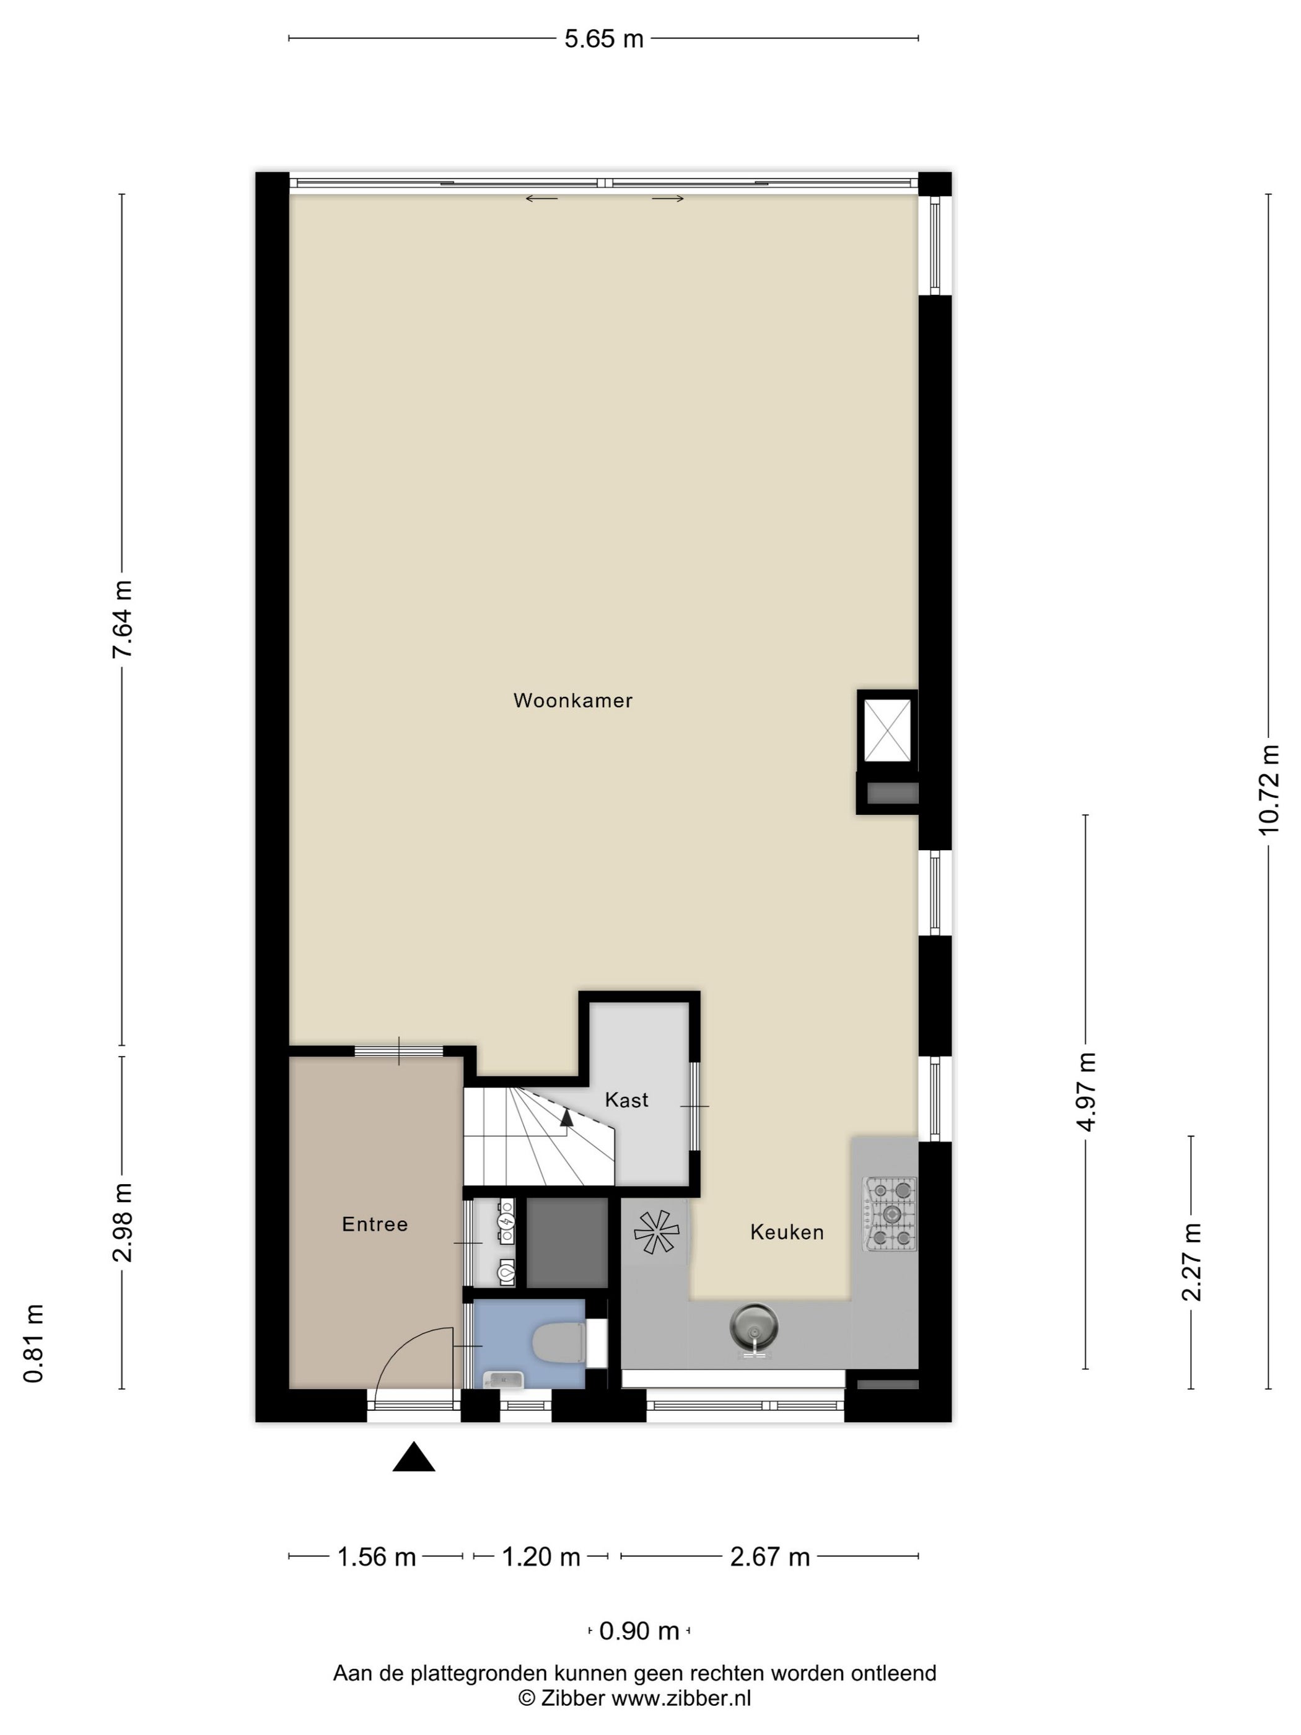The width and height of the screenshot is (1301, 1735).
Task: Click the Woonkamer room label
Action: [572, 700]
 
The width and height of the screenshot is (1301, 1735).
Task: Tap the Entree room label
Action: [375, 1224]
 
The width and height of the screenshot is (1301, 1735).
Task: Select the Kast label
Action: [626, 1100]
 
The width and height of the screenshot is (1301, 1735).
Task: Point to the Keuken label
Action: [787, 1232]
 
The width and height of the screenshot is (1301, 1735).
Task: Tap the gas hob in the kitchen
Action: [890, 1213]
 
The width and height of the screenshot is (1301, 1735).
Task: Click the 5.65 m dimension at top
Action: [604, 38]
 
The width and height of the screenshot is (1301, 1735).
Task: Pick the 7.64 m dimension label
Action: [121, 620]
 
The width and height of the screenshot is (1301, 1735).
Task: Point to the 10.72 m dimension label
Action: [1268, 789]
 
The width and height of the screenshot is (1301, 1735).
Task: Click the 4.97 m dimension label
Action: [1085, 1092]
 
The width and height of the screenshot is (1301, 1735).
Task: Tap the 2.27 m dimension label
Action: [1191, 1262]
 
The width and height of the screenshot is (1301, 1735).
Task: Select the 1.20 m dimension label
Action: [541, 1557]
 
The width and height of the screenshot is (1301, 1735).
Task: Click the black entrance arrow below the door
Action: [413, 1457]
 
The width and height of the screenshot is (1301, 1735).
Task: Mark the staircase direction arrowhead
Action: [566, 1118]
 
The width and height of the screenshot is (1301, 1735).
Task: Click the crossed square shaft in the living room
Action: [887, 730]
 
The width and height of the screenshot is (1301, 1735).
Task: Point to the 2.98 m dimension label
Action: [121, 1222]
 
